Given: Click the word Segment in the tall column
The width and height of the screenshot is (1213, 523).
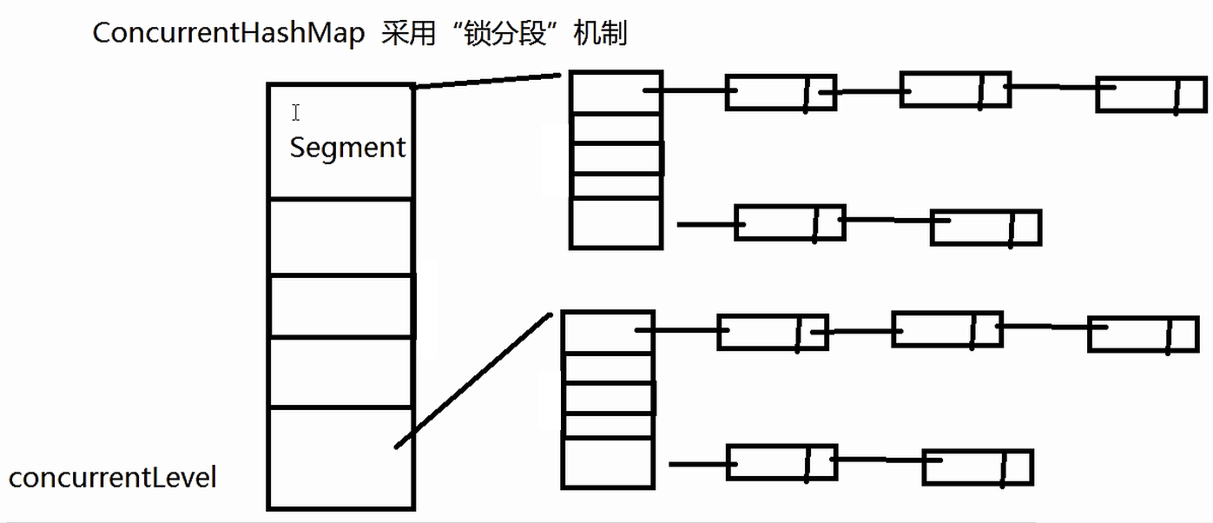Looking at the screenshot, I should pos(347,148).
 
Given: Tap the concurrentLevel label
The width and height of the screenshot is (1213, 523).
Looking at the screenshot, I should pos(113,477).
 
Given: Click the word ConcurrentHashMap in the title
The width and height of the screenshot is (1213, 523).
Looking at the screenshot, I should pos(228,34).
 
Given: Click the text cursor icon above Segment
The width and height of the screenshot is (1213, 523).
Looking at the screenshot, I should pos(296,112).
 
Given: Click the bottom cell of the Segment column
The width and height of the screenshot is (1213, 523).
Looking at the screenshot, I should pos(340,458).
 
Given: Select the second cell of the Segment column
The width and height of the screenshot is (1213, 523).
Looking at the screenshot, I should pos(340,237).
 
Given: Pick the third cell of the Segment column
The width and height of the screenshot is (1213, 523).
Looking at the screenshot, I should pos(340,307).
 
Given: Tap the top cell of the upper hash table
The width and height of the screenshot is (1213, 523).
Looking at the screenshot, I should pos(616,93).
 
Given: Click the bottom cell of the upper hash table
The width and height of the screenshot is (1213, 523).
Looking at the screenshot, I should pos(616,223).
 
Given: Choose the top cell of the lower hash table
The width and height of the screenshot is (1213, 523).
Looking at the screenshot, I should pos(608,332).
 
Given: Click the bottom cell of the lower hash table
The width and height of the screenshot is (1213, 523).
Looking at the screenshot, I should pos(608,462).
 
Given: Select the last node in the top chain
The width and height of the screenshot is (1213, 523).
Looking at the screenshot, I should pos(1150,95).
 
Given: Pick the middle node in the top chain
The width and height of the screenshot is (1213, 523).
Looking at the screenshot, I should pos(955,89).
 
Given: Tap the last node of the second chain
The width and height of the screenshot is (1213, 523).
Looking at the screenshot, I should pos(986,228).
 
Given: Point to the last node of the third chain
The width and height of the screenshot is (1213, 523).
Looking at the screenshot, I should pos(1143,334).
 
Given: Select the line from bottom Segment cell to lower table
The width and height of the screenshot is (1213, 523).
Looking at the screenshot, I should pos(473,381).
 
